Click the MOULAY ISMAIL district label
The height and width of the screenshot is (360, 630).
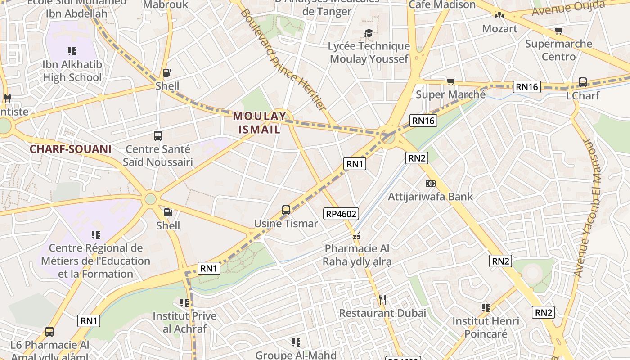tap(259, 123)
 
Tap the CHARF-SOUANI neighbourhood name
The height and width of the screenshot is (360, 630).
tap(70, 149)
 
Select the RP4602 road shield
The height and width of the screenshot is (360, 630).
tap(341, 214)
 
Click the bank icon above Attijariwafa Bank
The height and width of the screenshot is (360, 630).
tap(431, 184)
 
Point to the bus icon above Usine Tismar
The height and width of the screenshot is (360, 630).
tap(286, 210)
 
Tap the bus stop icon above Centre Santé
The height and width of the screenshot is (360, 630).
tap(157, 136)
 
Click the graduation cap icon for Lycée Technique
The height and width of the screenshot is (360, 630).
tap(369, 33)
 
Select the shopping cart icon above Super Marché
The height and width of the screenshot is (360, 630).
tap(450, 81)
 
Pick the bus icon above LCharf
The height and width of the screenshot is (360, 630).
tap(582, 82)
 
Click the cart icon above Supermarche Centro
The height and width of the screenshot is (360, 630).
tap(558, 31)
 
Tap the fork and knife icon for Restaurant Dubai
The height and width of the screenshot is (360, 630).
tap(382, 300)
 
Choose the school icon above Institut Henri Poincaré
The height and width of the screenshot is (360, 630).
tap(486, 308)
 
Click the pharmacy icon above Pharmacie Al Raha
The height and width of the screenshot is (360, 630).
tap(357, 235)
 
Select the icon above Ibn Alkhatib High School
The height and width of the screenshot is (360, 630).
tap(72, 51)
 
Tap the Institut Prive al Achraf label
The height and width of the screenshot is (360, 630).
tap(184, 322)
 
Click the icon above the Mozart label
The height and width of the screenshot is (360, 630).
tap(499, 15)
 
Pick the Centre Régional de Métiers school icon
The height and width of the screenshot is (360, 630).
tap(95, 234)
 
